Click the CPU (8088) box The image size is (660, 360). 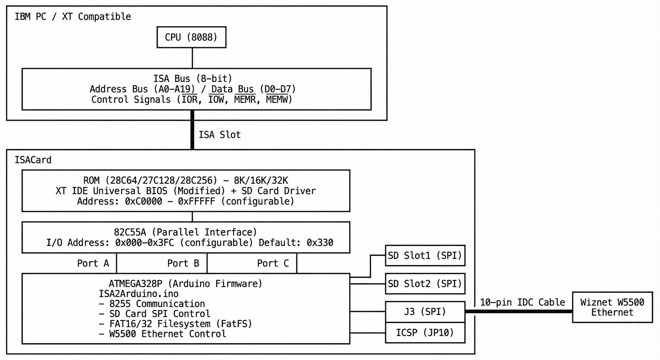[x=191, y=37]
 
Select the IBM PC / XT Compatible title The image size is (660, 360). [x=73, y=17]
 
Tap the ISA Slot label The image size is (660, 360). [x=220, y=135]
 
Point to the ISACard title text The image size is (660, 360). [x=33, y=160]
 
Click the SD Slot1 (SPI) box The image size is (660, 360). [x=425, y=255]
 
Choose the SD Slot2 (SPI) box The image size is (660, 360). [x=425, y=284]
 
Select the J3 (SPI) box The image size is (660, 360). [x=425, y=311]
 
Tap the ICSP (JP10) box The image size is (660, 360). [x=425, y=333]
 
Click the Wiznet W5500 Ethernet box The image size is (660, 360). [x=612, y=307]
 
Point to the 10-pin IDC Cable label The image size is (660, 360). [x=522, y=302]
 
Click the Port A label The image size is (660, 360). [x=93, y=263]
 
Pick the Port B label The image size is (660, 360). [x=183, y=263]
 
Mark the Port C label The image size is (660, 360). [x=273, y=263]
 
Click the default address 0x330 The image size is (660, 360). [x=320, y=242]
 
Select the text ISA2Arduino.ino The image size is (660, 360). [x=139, y=294]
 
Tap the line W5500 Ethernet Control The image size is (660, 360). [x=168, y=334]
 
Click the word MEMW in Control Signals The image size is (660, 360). [x=277, y=99]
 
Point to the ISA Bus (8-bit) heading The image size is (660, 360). [x=193, y=79]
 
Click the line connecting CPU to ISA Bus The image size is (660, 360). [x=192, y=58]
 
